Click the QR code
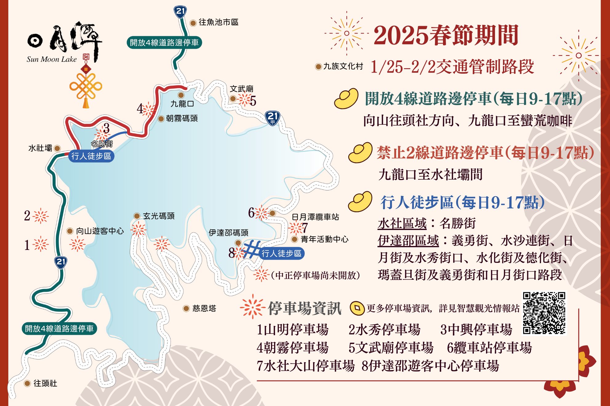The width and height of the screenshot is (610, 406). (544, 313)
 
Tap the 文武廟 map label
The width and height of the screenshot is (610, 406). (241, 89)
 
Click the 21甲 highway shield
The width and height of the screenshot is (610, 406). (272, 118)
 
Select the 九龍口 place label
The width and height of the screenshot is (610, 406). (182, 104)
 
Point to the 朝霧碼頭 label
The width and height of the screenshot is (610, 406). (181, 119)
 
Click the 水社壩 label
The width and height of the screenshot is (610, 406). (40, 148)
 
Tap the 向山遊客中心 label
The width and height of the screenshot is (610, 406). (100, 231)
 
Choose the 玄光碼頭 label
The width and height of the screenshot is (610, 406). (158, 216)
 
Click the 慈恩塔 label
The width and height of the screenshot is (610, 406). (204, 308)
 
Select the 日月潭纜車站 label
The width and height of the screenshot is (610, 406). (315, 217)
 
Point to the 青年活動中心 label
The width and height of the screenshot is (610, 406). (325, 239)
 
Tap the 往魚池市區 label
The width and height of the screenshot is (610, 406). (218, 22)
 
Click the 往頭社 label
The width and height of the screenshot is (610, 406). (45, 383)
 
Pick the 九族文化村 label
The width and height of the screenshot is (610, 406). (343, 66)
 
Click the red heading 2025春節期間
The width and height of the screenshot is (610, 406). (446, 35)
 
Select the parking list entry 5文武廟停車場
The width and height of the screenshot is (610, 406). (391, 348)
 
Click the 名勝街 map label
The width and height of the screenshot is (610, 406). (102, 144)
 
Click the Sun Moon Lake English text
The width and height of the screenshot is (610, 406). (51, 59)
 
